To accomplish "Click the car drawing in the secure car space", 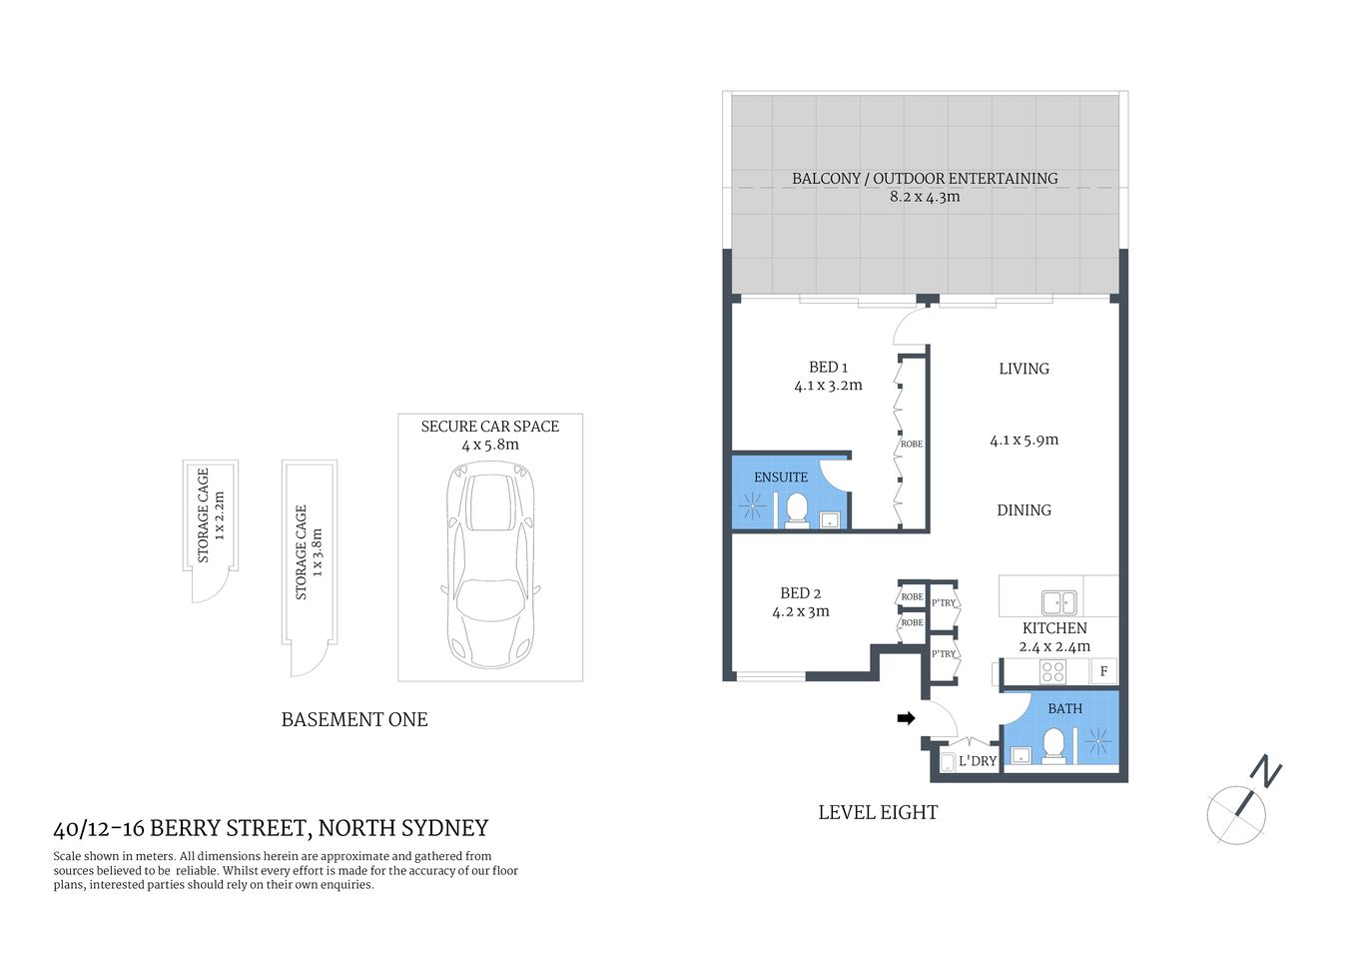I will (490, 569).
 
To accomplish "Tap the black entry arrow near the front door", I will (906, 717).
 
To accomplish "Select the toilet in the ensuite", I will (797, 509).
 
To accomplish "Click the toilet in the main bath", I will (1052, 745).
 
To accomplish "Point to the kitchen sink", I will (1058, 602).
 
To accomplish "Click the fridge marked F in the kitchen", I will (1103, 671).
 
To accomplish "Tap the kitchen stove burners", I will (1052, 671).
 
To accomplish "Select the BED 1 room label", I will (828, 368).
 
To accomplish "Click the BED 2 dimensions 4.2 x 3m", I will (801, 611).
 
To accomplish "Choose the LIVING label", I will (1023, 369).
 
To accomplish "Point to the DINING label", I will (1023, 510).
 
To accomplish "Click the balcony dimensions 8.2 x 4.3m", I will (925, 197).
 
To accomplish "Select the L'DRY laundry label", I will (978, 761).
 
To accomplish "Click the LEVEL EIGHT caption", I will (878, 813).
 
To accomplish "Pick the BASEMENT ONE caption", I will (354, 720).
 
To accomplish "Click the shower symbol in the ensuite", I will (751, 508).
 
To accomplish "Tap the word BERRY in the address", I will (188, 828).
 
